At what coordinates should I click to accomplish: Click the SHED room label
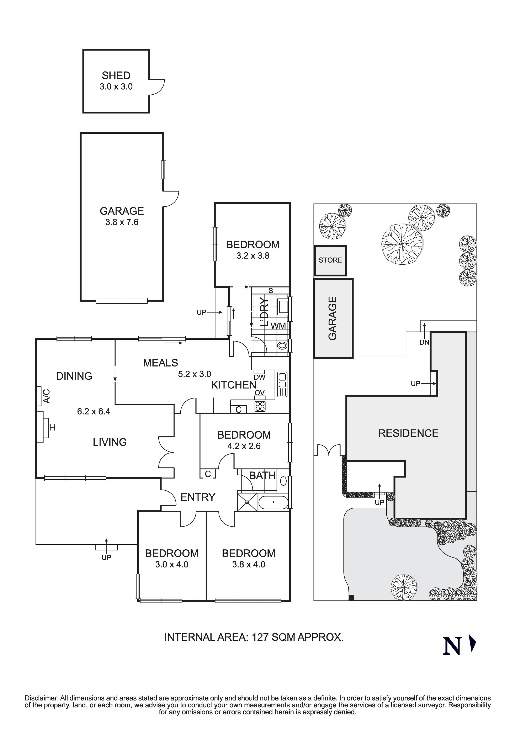[116, 76]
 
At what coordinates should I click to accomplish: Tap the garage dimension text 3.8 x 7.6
[122, 222]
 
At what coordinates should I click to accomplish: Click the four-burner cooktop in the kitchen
[260, 407]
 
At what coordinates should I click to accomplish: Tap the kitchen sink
[282, 385]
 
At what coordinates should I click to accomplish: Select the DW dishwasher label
[259, 377]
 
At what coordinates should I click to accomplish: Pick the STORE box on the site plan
[330, 260]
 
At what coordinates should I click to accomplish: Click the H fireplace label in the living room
[52, 428]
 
